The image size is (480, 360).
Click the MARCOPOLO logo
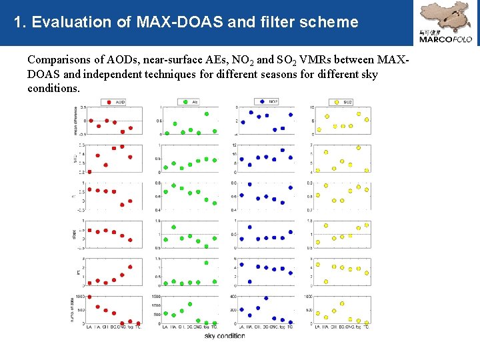point(445,23)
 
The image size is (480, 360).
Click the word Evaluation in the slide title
point(69,22)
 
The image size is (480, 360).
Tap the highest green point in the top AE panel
point(207,113)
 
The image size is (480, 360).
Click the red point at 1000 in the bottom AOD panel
point(89,297)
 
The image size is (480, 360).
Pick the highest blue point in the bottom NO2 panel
point(266,298)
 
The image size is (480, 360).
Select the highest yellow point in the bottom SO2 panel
point(342,303)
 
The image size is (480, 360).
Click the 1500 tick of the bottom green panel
point(157,297)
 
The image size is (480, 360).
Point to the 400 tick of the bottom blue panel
point(233,297)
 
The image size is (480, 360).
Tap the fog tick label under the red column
point(131,327)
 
